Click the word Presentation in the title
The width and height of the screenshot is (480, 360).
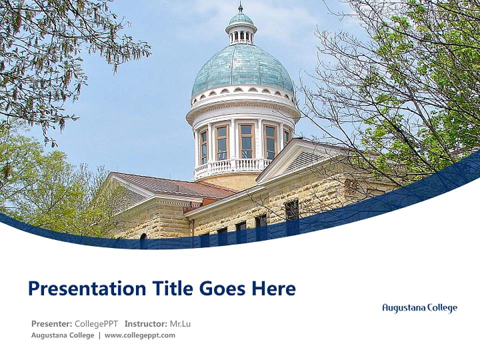pyautogui.click(x=80, y=288)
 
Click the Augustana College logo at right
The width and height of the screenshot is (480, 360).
pyautogui.click(x=419, y=308)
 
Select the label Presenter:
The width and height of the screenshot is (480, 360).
pyautogui.click(x=52, y=323)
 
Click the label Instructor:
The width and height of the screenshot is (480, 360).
pyautogui.click(x=145, y=323)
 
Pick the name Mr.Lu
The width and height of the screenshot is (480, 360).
pyautogui.click(x=180, y=323)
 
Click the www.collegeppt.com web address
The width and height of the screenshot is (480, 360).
pyautogui.click(x=140, y=335)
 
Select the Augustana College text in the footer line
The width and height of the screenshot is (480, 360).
pyautogui.click(x=62, y=335)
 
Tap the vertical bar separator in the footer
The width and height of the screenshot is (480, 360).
pyautogui.click(x=99, y=335)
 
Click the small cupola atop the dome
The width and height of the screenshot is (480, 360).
pyautogui.click(x=241, y=29)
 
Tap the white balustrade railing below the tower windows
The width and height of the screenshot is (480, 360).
pyautogui.click(x=232, y=166)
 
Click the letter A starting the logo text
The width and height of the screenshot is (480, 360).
pyautogui.click(x=385, y=308)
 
